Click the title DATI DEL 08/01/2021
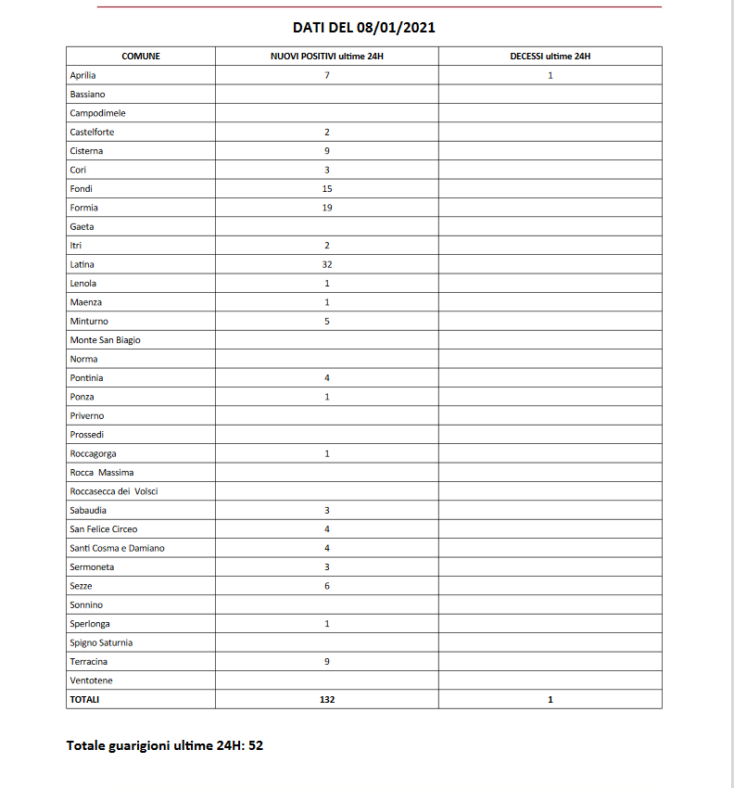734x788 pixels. pos(363,28)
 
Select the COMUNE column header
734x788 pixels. pos(141,57)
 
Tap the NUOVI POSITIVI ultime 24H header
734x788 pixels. pos(327,57)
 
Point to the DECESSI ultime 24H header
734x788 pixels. pos(550,57)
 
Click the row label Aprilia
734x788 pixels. pos(83,75)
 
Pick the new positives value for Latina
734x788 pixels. pos(327,264)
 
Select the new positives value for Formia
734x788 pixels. pos(327,208)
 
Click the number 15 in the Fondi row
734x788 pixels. pos(327,188)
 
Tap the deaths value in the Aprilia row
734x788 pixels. pos(550,75)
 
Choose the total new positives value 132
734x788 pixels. pos(327,699)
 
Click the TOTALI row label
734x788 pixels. pos(84,699)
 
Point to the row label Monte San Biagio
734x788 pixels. pos(106,340)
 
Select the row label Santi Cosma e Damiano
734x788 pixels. pos(117,548)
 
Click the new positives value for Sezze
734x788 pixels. pos(327,586)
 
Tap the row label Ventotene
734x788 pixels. pos(91,680)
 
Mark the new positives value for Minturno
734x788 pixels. pos(327,321)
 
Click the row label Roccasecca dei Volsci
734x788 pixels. pos(114,491)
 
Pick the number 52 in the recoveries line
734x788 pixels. pos(255,745)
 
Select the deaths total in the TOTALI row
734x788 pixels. pos(550,699)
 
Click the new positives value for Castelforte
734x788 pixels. pos(327,132)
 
